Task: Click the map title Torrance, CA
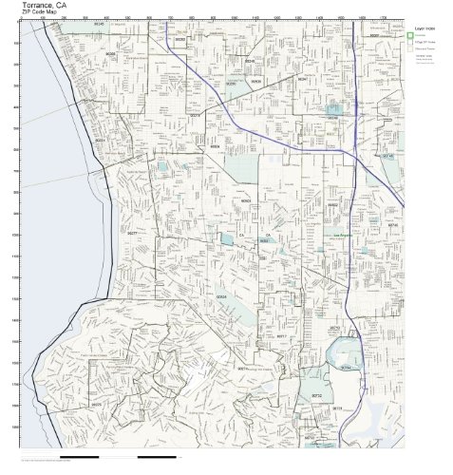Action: pos(45,6)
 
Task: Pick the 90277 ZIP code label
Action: pos(133,232)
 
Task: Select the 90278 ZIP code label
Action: pos(110,54)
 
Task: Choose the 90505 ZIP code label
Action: pos(220,295)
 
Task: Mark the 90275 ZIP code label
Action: pos(98,403)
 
